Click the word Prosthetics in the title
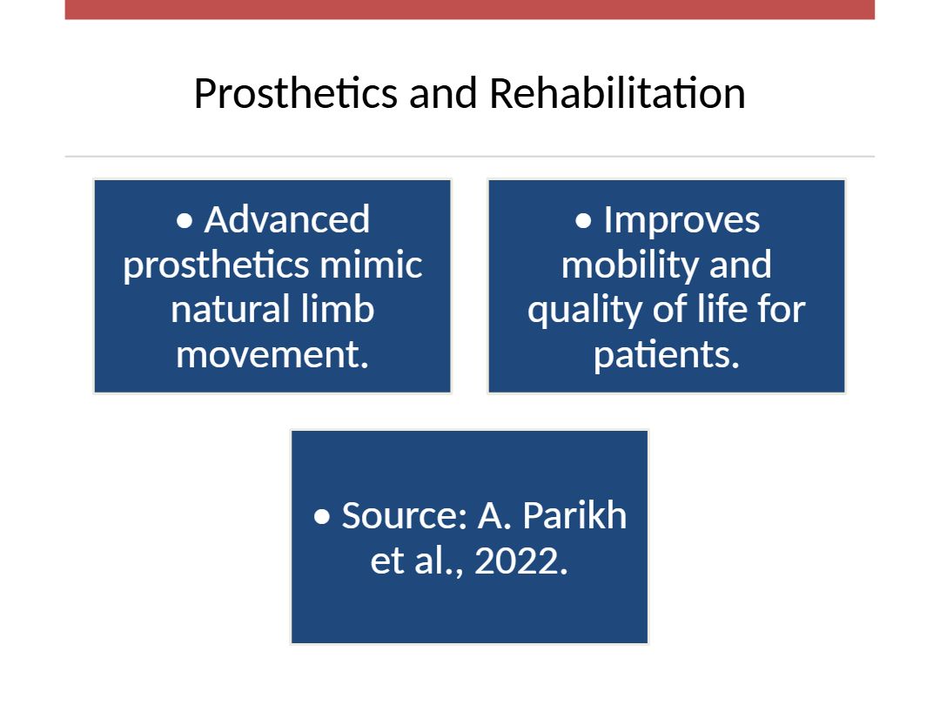296,94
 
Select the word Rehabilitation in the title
617,93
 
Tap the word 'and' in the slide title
443,93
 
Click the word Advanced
286,219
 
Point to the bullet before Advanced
185,221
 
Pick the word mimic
371,265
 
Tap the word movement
272,354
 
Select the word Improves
681,220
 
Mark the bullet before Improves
583,221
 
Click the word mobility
629,265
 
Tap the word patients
667,354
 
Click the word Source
404,515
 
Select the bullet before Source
322,516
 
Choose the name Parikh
574,515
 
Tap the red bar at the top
470,10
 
